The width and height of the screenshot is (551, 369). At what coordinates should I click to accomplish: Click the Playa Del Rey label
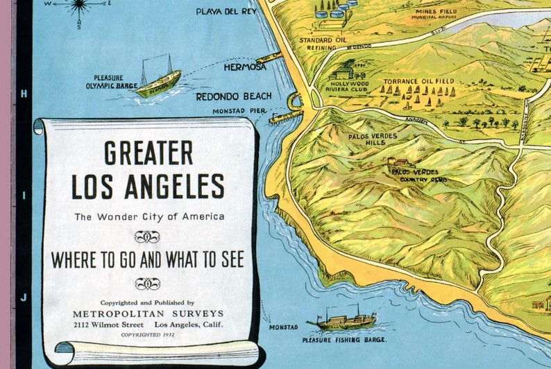point(226,12)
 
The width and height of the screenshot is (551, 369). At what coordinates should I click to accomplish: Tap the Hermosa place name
point(245,67)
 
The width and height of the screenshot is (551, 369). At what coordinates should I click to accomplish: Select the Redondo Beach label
point(234,96)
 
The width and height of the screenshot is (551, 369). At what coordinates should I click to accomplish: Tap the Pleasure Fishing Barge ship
point(344,320)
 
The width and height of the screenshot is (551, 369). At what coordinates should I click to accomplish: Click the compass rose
point(78,7)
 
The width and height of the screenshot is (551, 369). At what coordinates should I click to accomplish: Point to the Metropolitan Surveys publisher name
point(149,314)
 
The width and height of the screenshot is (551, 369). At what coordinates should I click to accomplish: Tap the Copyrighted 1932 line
point(148,334)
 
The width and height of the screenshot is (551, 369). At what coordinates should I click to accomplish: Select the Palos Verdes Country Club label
point(418,175)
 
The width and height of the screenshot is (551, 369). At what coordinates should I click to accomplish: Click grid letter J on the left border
point(23,297)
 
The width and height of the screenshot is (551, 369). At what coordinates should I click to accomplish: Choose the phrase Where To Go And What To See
point(148,260)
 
